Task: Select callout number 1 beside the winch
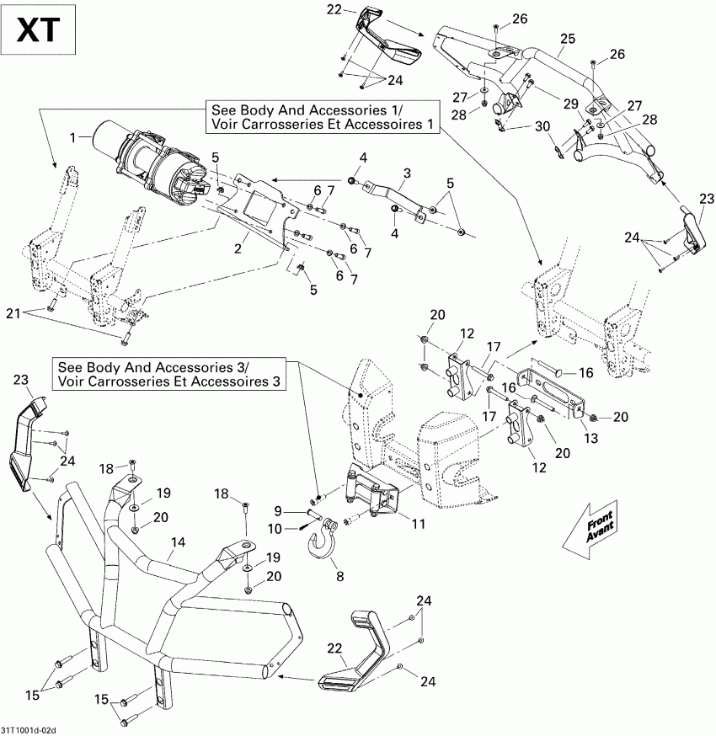(73, 136)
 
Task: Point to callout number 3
(406, 173)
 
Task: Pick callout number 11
(394, 525)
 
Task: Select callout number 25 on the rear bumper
(567, 39)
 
